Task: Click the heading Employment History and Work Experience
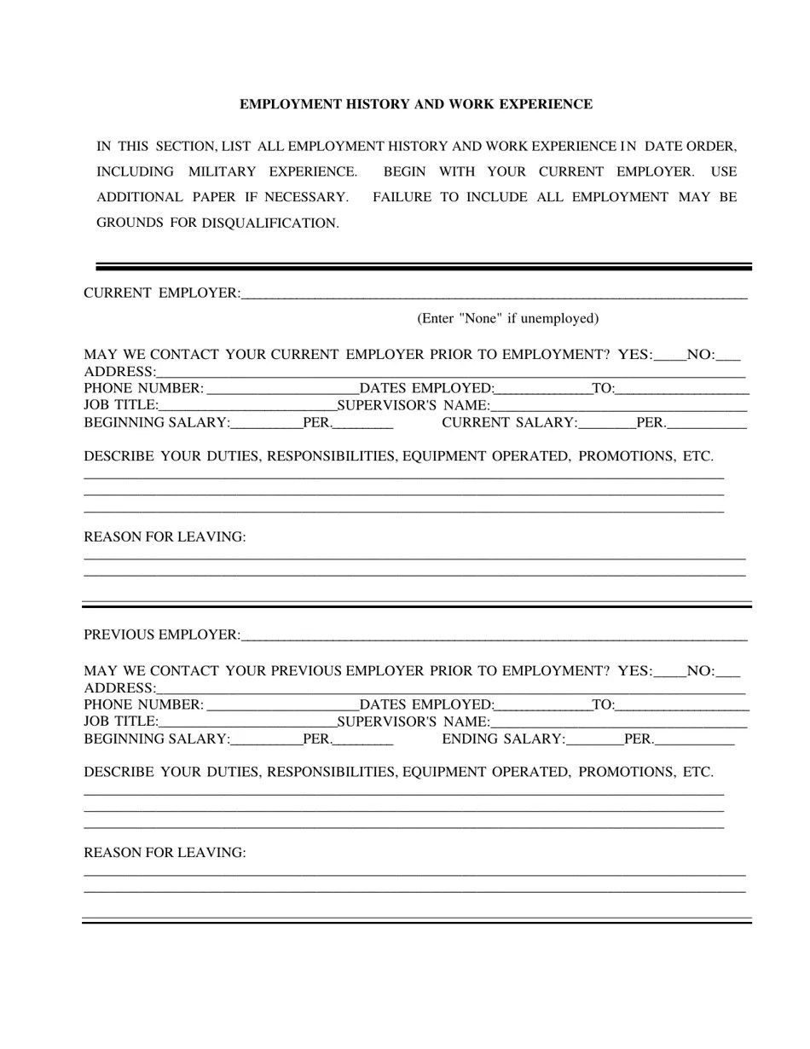coord(415,104)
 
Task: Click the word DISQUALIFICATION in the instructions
coord(269,223)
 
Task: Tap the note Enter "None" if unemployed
coord(507,318)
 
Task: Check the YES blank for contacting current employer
coord(669,355)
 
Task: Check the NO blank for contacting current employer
coord(728,355)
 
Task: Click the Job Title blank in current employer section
coord(247,406)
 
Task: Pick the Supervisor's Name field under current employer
coord(618,406)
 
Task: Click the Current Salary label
coord(509,423)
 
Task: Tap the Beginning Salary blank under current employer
coord(266,423)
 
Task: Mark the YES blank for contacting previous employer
coord(669,671)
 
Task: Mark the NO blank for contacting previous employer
coord(728,671)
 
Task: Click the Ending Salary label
coord(503,739)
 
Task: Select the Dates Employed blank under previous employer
coord(542,704)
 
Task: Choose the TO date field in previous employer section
coord(681,704)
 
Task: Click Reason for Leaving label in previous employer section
coord(165,853)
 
